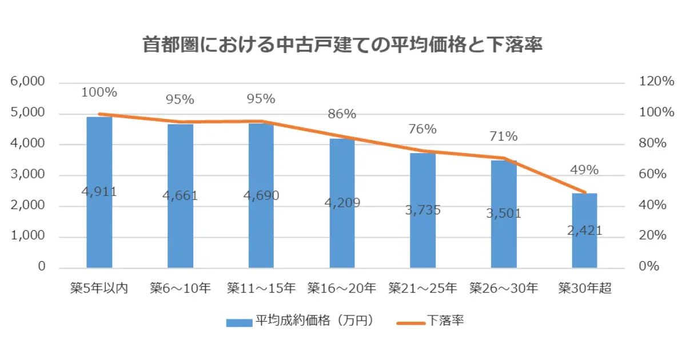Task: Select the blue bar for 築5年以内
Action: point(99,229)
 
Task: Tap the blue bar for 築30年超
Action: point(584,251)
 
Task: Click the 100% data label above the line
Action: point(99,92)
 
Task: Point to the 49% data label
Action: point(584,170)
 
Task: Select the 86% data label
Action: point(342,114)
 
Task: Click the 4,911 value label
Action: point(99,192)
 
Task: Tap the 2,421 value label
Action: point(584,230)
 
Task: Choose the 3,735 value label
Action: point(423,210)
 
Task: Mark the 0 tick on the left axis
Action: point(42,267)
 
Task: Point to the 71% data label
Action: point(504,137)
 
